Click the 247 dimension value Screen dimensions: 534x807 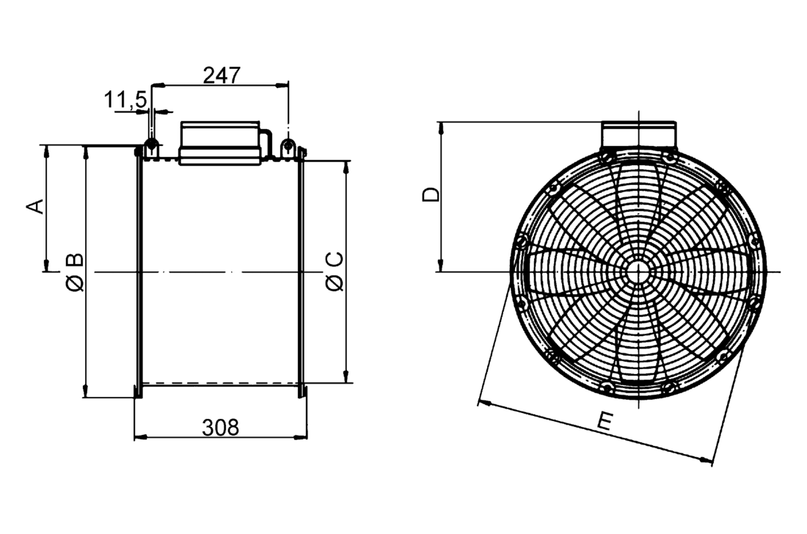tap(221, 76)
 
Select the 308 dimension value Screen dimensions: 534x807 tap(221, 428)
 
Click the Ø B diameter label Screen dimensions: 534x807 tap(75, 271)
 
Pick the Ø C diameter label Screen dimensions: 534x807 tap(334, 271)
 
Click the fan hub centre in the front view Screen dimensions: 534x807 tap(638, 271)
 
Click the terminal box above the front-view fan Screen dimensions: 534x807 tap(638, 134)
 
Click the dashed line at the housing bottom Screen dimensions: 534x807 tap(220, 384)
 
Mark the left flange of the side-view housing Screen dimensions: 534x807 tap(137, 271)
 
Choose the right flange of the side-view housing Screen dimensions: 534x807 tap(301, 271)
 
